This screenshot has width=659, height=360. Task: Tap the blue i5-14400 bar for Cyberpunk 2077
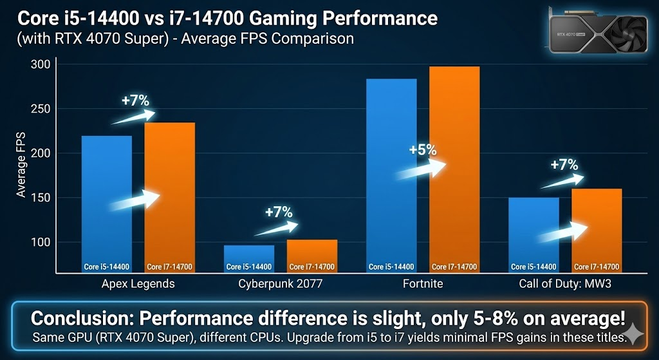point(249,258)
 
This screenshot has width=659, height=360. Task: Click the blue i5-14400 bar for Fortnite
point(391,174)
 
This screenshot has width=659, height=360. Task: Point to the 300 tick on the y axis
point(40,65)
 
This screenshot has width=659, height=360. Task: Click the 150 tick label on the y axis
point(40,198)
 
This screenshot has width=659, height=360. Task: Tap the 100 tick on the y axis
point(40,242)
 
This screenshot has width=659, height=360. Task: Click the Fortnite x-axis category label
point(423,283)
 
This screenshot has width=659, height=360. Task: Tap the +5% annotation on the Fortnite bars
point(423,150)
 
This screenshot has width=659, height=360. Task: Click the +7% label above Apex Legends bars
point(135,100)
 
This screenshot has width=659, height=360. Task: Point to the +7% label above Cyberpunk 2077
point(279,212)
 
